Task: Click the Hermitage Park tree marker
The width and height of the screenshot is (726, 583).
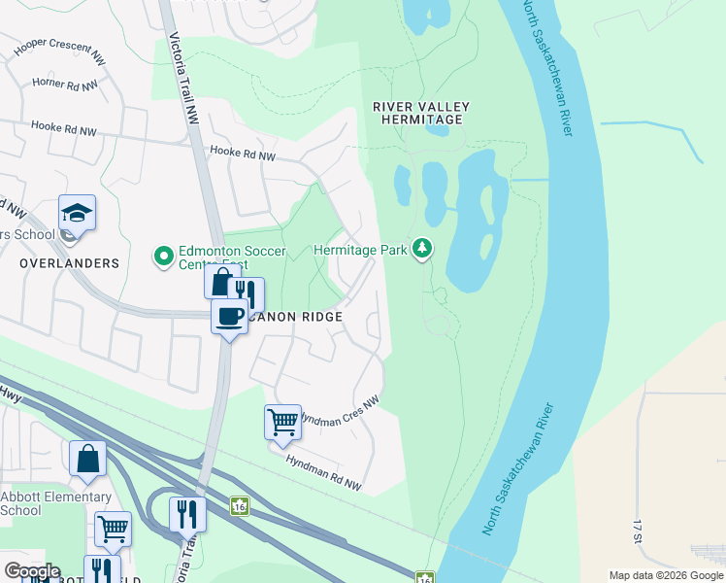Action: click(x=421, y=250)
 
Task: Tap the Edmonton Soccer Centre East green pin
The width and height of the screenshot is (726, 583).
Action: click(x=163, y=257)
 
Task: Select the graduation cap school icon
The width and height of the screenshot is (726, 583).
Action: click(x=78, y=212)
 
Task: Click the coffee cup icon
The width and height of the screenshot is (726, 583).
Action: click(x=230, y=317)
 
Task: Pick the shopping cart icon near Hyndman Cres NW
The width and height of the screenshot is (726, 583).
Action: click(x=282, y=423)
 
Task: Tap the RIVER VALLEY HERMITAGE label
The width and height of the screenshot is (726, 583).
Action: click(x=421, y=113)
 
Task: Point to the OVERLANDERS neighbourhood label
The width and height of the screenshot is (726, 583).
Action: click(x=68, y=263)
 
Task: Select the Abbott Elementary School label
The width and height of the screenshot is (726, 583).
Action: click(x=55, y=503)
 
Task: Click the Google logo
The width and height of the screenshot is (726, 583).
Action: click(x=31, y=571)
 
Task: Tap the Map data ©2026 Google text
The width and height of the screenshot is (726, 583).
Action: click(x=665, y=575)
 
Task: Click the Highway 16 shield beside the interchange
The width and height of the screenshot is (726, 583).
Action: click(x=239, y=506)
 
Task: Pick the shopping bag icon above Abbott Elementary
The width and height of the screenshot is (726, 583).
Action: click(x=87, y=458)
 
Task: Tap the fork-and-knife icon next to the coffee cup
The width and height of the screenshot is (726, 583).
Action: click(x=247, y=294)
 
